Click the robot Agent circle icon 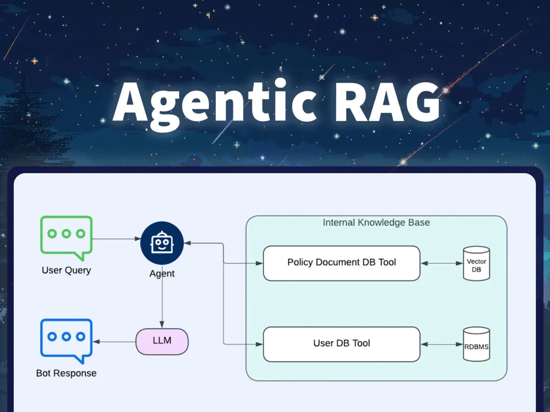point(162,243)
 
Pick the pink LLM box point(162,342)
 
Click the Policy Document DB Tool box point(341,263)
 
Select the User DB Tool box point(341,344)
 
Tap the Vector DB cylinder point(476,263)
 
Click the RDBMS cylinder point(476,345)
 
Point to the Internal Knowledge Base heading point(376,223)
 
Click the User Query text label point(66,270)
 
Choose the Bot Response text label point(66,373)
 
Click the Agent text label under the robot point(162,274)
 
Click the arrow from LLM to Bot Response point(115,342)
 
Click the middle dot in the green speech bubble point(66,234)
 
